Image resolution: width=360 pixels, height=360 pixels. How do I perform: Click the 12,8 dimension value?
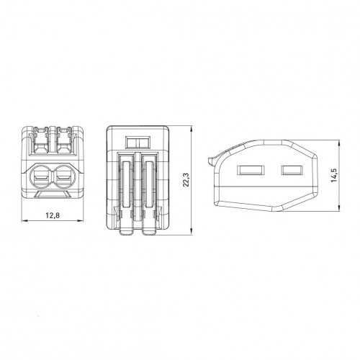[x=53, y=215]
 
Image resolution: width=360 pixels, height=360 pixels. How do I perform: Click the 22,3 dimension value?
[x=186, y=179]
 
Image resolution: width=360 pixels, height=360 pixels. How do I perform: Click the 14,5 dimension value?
[x=334, y=175]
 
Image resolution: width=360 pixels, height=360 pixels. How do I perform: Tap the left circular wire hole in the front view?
[x=41, y=177]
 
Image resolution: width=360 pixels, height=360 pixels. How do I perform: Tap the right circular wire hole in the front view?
[x=64, y=177]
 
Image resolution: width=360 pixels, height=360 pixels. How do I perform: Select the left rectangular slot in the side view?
[x=251, y=170]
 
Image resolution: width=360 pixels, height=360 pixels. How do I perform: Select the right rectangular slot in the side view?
[x=292, y=170]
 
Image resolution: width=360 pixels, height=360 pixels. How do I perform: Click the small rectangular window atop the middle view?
[x=138, y=142]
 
